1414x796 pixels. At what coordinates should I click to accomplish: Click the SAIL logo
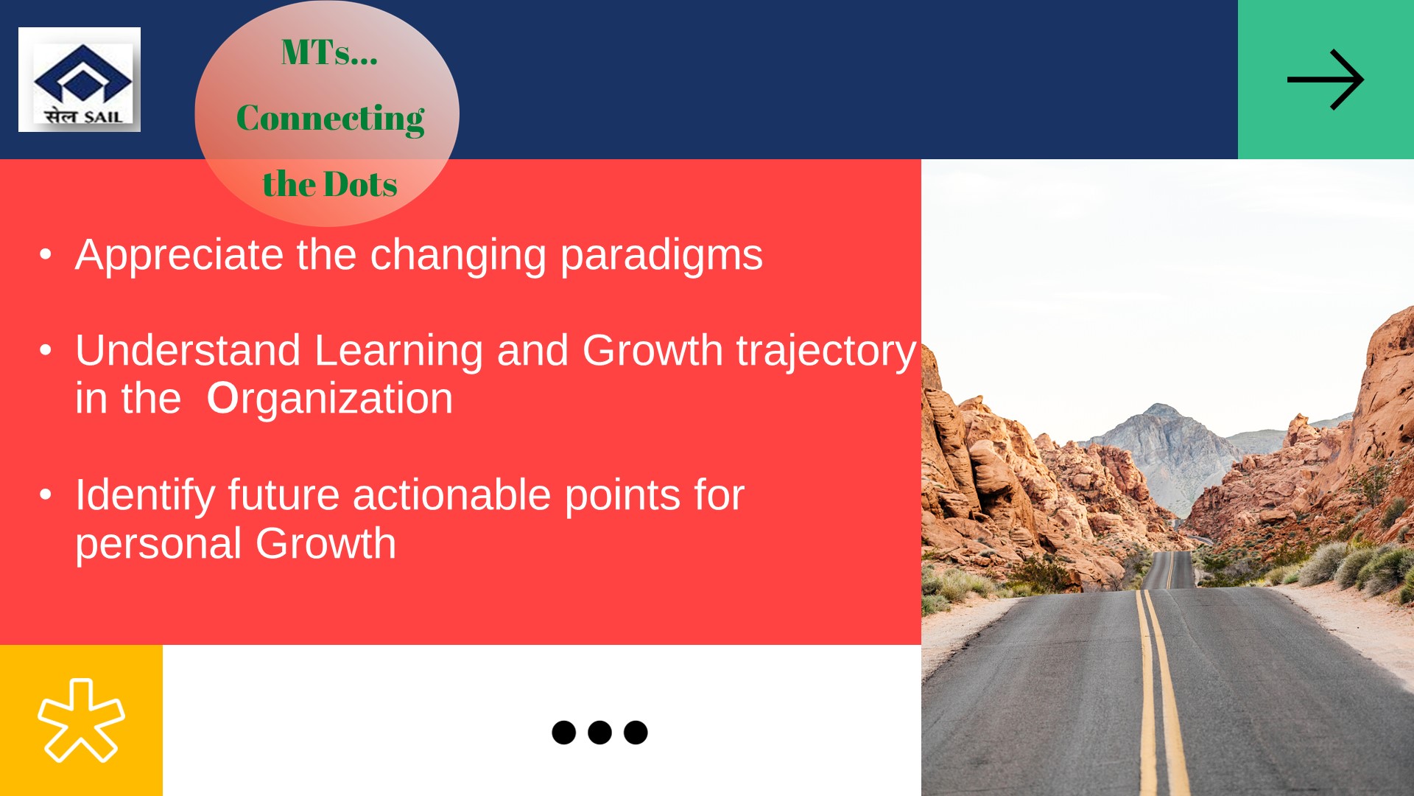pos(80,80)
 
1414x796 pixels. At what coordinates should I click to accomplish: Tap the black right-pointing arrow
pos(1326,80)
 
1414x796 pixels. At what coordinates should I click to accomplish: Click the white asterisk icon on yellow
pos(81,720)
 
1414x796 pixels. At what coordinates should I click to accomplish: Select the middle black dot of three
pos(599,733)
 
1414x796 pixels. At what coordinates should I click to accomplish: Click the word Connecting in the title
pos(330,118)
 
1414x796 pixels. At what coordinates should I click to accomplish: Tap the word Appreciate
pos(179,256)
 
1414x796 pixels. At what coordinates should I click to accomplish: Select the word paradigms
pos(661,256)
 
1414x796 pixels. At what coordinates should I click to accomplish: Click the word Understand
pos(188,350)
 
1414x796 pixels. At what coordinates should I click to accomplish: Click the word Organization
pos(329,399)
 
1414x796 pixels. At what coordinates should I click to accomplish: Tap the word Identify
pos(145,495)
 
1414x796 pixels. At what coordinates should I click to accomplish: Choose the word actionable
pos(451,495)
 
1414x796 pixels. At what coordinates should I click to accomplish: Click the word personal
pos(158,545)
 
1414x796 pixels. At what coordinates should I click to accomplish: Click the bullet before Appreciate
pos(46,255)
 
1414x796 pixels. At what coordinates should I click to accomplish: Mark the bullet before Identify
pos(46,495)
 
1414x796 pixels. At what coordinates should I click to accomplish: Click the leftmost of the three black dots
pos(563,733)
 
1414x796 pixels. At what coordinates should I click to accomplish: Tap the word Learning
pos(398,352)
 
